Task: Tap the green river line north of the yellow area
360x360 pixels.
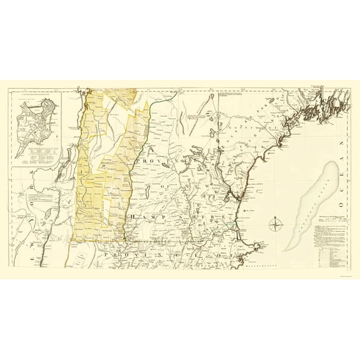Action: [x=161, y=96]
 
